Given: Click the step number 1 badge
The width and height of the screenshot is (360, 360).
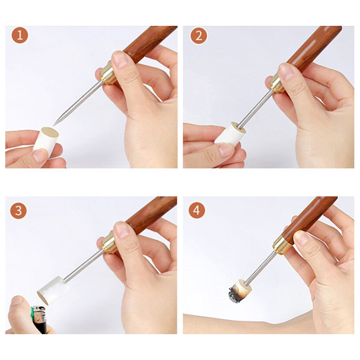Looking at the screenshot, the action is click(20, 36).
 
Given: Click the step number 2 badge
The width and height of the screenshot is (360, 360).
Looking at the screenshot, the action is click(198, 36).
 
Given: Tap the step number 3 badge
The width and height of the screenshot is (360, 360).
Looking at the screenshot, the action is click(18, 211).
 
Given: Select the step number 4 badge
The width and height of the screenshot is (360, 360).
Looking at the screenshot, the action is click(197, 210).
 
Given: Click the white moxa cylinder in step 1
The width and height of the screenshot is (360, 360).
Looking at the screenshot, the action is click(46, 141).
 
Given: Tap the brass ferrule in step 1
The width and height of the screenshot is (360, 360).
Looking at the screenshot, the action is click(108, 73).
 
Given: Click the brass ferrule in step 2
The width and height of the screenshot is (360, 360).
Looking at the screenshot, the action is click(277, 82).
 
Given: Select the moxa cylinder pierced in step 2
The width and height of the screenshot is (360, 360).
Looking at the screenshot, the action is click(230, 134).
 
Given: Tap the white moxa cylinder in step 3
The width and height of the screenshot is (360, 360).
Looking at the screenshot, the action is click(53, 290).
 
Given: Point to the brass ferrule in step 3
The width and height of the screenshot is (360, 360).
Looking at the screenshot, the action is click(108, 243).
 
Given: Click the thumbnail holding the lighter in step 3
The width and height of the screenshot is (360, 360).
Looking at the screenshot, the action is click(17, 301).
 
